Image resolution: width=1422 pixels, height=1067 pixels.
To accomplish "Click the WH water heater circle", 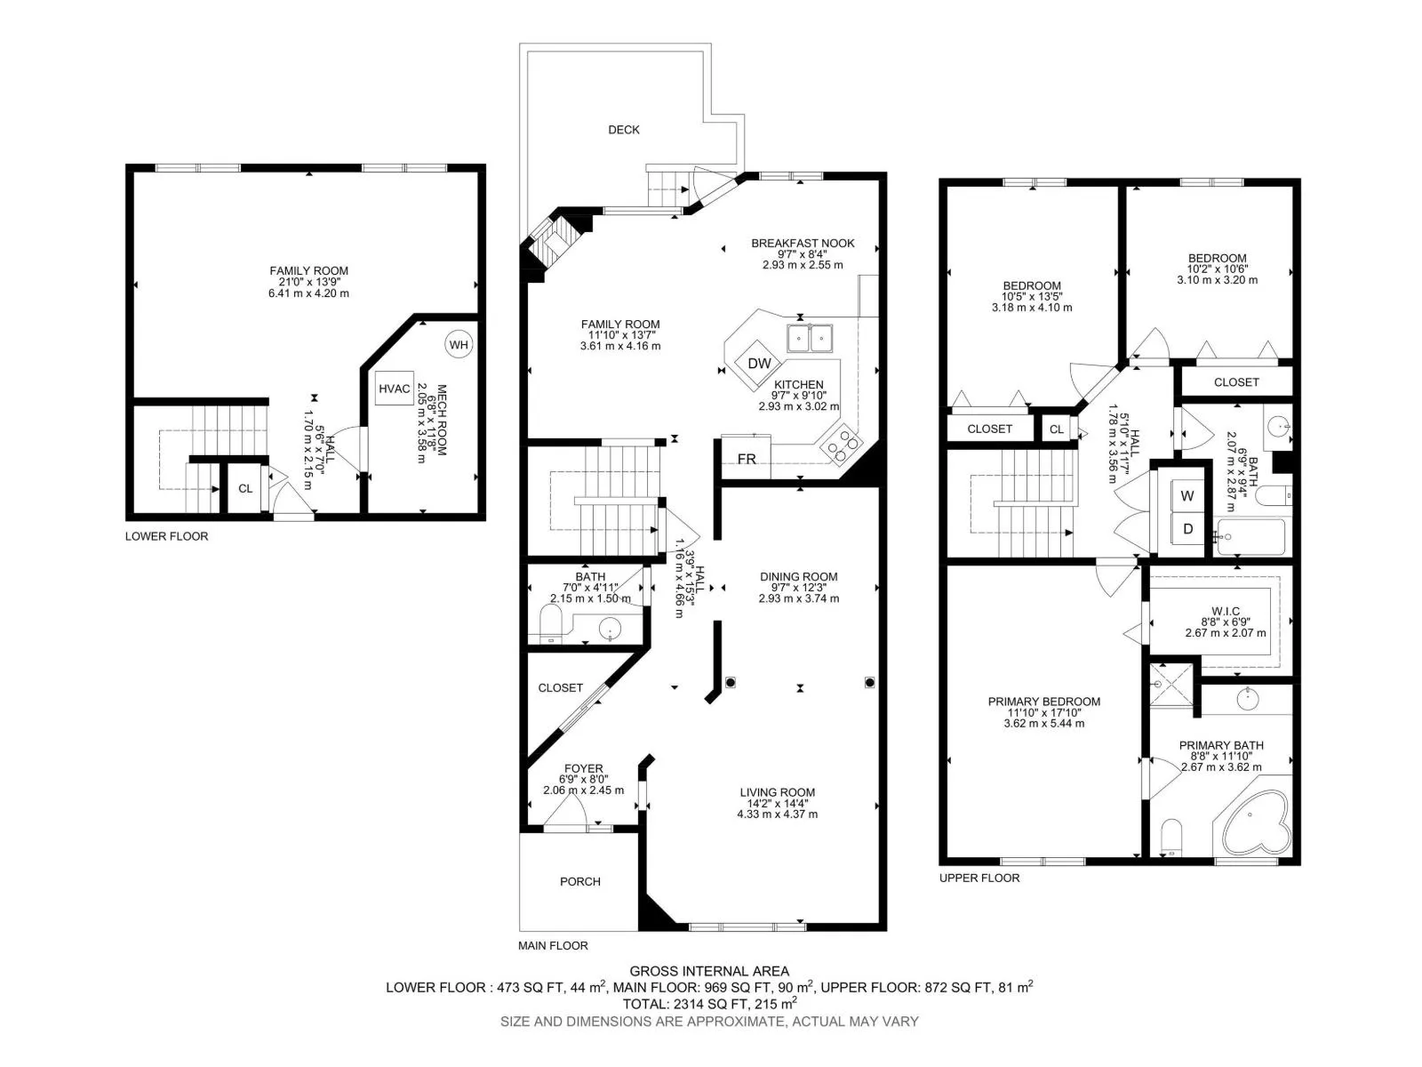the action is [459, 345].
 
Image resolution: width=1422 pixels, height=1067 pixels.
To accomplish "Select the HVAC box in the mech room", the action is [394, 389].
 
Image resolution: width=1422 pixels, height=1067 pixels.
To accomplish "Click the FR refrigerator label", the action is [747, 459].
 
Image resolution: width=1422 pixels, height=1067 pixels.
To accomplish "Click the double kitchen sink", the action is [810, 338].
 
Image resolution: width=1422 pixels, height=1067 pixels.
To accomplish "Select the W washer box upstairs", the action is [1186, 496].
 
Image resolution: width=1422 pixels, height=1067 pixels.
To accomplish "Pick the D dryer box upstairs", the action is [1186, 529].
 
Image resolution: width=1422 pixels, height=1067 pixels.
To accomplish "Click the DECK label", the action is [623, 130].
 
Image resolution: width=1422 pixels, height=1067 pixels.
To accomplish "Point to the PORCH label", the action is [579, 882].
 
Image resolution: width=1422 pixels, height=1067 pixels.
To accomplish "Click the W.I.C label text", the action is [1225, 611].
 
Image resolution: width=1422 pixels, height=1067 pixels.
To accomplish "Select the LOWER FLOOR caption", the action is [166, 536].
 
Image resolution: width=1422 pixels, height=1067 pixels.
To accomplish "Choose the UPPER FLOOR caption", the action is [979, 878].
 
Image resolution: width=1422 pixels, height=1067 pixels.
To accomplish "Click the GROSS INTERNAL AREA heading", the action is [709, 971].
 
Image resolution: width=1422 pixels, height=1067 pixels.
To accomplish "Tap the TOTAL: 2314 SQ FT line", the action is [709, 1004].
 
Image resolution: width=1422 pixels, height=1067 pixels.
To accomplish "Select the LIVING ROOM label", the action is [777, 792].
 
